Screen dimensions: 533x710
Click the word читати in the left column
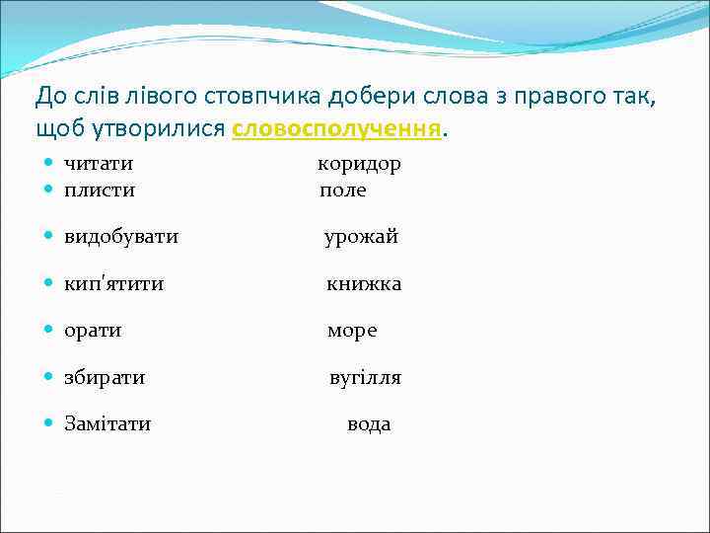click(x=99, y=164)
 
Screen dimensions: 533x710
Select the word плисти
click(x=100, y=190)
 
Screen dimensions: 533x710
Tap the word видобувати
click(x=121, y=237)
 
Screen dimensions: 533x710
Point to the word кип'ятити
click(x=113, y=284)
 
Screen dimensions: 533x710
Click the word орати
click(x=93, y=331)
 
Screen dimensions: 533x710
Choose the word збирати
click(x=105, y=377)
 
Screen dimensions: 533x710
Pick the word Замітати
click(x=107, y=424)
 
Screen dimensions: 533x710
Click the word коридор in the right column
click(x=359, y=164)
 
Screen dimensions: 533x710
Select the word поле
click(x=342, y=190)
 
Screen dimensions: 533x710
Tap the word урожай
click(x=361, y=237)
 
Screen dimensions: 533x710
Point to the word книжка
click(x=364, y=284)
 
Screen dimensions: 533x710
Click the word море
click(x=351, y=331)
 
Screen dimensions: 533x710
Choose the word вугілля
click(x=365, y=378)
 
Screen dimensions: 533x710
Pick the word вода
click(x=369, y=424)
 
